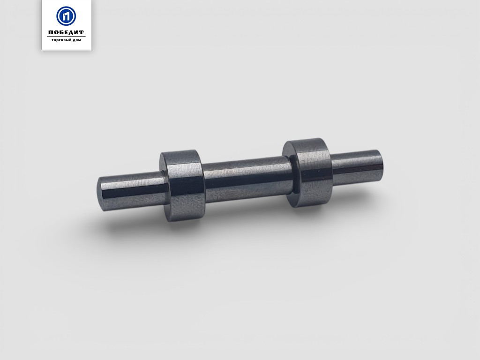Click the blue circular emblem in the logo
(x=66, y=16)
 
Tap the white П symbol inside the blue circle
(x=66, y=16)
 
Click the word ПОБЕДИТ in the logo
(x=66, y=32)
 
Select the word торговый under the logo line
(x=60, y=40)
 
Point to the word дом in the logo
(x=76, y=40)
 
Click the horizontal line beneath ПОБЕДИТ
(x=66, y=37)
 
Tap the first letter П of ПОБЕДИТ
(x=51, y=32)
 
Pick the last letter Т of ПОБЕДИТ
(x=81, y=32)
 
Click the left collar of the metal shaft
(x=183, y=186)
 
